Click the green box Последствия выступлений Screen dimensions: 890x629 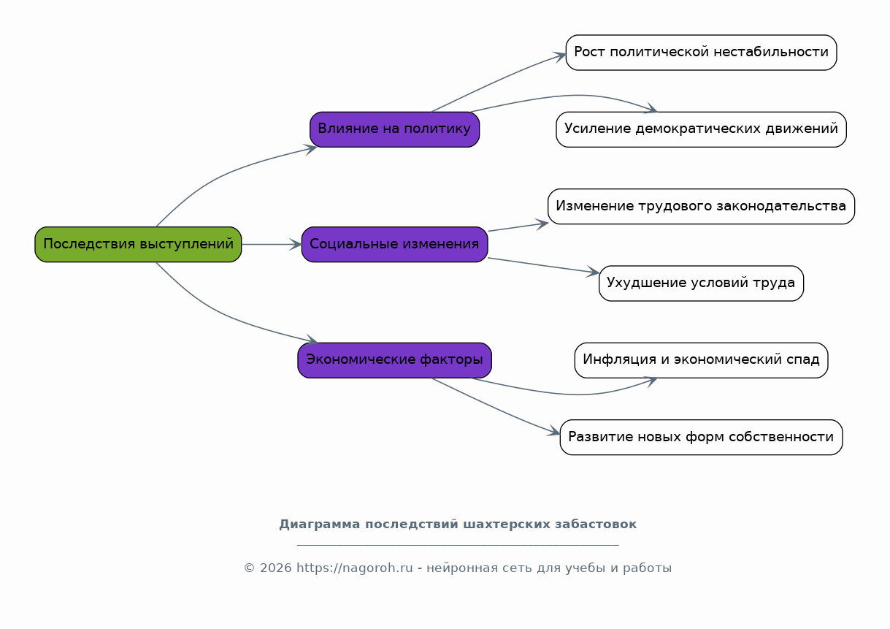coord(138,245)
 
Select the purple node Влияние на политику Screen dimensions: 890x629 coord(394,129)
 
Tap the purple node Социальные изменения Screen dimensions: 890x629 coord(394,245)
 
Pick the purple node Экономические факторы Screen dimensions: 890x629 coord(394,360)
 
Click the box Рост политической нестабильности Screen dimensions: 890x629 coord(702,53)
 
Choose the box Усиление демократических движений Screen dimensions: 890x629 coord(702,129)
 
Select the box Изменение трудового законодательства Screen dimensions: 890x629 coord(702,206)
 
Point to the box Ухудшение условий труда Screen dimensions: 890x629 coord(702,283)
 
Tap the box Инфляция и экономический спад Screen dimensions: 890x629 coord(702,360)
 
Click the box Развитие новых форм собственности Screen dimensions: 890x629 coord(702,438)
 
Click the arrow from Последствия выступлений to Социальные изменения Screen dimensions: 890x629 coord(272,245)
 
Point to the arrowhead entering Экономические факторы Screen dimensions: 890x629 coord(312,340)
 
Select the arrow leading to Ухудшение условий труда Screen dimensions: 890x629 coord(543,265)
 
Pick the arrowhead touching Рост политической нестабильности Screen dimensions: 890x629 coord(559,56)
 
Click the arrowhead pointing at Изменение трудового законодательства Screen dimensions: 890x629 coord(542,224)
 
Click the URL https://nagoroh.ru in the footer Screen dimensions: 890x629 coord(354,568)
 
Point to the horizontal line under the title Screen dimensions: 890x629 coord(458,545)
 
